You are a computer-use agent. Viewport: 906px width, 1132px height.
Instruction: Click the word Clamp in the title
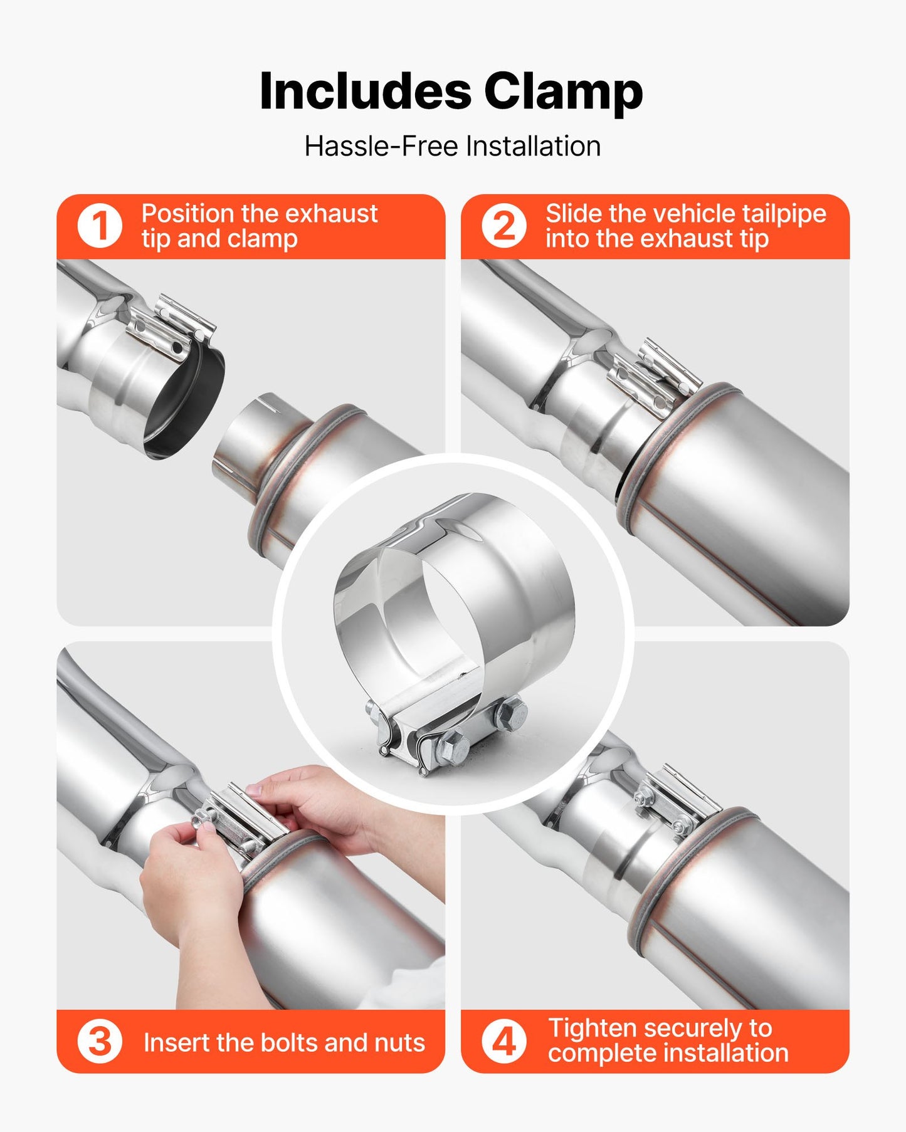point(563,92)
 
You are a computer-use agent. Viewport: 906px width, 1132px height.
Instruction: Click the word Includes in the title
point(365,92)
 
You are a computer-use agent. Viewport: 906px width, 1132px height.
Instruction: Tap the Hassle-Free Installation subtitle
point(452,147)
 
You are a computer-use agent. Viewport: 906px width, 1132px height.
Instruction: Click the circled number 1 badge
point(99,226)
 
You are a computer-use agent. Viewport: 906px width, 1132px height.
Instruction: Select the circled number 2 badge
point(503,226)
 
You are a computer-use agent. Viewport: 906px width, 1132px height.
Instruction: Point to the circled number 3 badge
point(99,1042)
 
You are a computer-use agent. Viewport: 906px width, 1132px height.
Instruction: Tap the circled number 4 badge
point(503,1042)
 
